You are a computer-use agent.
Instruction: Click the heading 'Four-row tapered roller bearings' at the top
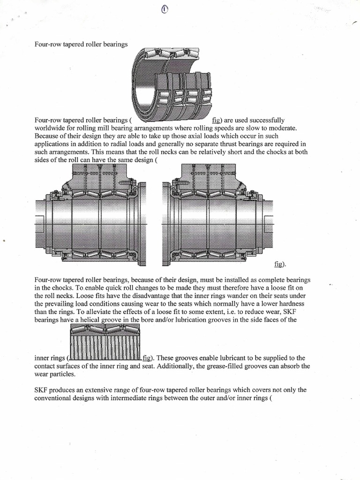(81, 45)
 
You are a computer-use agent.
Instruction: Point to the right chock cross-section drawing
(217, 213)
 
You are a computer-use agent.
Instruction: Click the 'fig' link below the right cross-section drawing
(279, 264)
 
